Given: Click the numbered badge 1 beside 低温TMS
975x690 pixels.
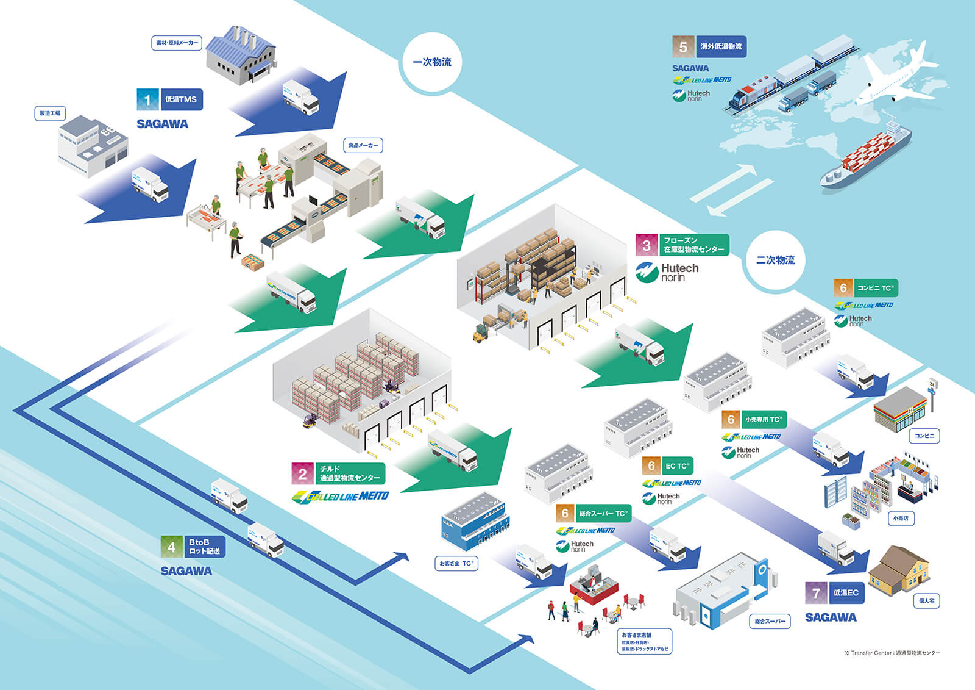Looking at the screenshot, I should pyautogui.click(x=147, y=99).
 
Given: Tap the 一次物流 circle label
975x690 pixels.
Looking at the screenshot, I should pyautogui.click(x=432, y=62).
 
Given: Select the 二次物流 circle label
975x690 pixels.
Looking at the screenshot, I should pyautogui.click(x=775, y=261).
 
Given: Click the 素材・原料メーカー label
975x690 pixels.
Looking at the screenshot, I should pyautogui.click(x=176, y=43).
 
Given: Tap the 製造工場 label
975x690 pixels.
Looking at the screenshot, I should pyautogui.click(x=50, y=113).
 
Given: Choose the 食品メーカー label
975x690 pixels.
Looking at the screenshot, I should pyautogui.click(x=363, y=145).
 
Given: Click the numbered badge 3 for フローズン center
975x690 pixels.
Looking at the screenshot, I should pyautogui.click(x=647, y=245).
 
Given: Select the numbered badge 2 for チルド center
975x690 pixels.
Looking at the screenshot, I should pyautogui.click(x=303, y=473).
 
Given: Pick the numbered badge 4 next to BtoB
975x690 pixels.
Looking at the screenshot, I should pyautogui.click(x=172, y=547).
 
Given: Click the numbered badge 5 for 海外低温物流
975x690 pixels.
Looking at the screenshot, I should pyautogui.click(x=683, y=47).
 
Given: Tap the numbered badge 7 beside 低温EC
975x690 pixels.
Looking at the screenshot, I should pyautogui.click(x=816, y=593).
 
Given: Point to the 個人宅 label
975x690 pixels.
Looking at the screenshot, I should pyautogui.click(x=926, y=601).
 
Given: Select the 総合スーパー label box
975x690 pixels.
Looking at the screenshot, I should pyautogui.click(x=770, y=621).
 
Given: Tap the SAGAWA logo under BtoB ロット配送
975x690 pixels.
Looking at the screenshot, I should pyautogui.click(x=186, y=571).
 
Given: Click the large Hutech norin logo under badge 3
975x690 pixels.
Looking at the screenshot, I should pyautogui.click(x=667, y=272).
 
